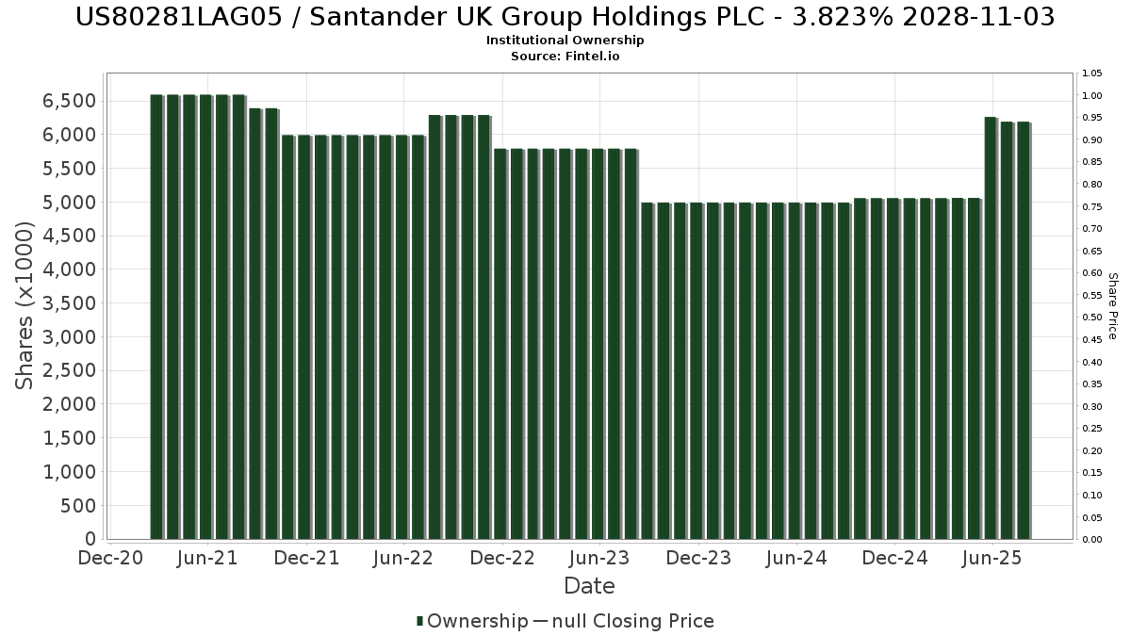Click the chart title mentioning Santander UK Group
pyautogui.click(x=565, y=17)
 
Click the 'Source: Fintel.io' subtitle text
pyautogui.click(x=565, y=57)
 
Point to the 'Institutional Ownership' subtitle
pyautogui.click(x=565, y=41)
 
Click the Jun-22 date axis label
pyautogui.click(x=402, y=559)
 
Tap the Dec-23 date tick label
pyautogui.click(x=697, y=559)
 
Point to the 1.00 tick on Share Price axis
pyautogui.click(x=1092, y=95)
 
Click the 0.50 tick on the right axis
pyautogui.click(x=1092, y=318)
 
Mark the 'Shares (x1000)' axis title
pyautogui.click(x=25, y=305)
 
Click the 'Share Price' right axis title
pyautogui.click(x=1112, y=305)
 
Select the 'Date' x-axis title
pyautogui.click(x=589, y=586)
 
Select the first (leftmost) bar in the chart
pyautogui.click(x=156, y=317)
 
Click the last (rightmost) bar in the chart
pyautogui.click(x=1023, y=330)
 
